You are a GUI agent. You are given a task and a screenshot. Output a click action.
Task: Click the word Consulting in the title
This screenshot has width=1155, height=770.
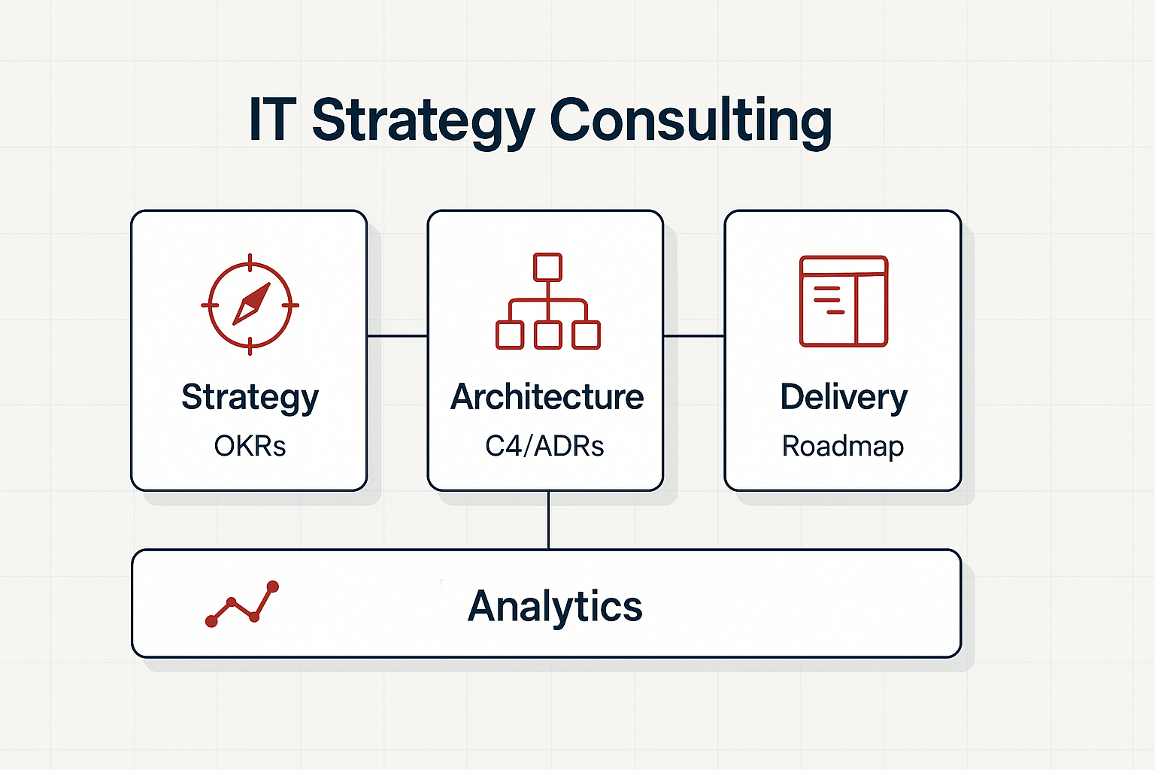[x=691, y=120]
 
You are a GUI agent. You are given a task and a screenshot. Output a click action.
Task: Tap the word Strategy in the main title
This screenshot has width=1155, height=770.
[x=423, y=120]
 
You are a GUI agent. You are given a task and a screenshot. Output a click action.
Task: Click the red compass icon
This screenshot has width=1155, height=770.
[x=250, y=305]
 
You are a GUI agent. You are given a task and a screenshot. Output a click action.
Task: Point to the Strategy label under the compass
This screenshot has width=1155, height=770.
[x=250, y=397]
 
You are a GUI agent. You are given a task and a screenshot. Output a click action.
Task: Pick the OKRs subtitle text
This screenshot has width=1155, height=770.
[x=250, y=446]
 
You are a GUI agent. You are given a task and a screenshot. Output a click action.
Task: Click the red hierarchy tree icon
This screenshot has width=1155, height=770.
[x=547, y=302]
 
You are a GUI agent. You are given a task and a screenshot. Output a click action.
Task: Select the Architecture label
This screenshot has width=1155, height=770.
[x=547, y=397]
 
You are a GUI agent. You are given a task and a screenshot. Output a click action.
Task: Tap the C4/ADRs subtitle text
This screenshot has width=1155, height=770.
[x=544, y=446]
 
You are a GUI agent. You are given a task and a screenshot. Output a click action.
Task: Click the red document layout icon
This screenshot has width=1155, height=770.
[x=844, y=301]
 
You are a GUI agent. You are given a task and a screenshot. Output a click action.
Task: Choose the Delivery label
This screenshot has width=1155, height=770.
[x=844, y=397]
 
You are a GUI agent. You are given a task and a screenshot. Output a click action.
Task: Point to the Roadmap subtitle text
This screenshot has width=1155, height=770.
[x=843, y=446]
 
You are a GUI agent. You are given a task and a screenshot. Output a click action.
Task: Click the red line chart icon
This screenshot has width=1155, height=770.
[x=242, y=604]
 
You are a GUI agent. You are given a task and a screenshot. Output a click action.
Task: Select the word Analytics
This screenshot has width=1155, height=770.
[x=555, y=606]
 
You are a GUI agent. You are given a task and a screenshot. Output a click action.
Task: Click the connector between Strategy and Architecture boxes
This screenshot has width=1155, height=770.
[x=397, y=336]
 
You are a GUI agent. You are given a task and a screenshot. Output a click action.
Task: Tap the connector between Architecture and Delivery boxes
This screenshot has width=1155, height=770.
[x=693, y=336]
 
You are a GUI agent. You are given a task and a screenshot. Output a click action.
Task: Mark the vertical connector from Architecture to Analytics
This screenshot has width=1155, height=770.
[x=549, y=520]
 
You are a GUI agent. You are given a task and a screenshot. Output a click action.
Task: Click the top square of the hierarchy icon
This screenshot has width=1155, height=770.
[x=547, y=267]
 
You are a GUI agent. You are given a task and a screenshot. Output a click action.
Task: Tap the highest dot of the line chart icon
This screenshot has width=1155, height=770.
[x=273, y=586]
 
